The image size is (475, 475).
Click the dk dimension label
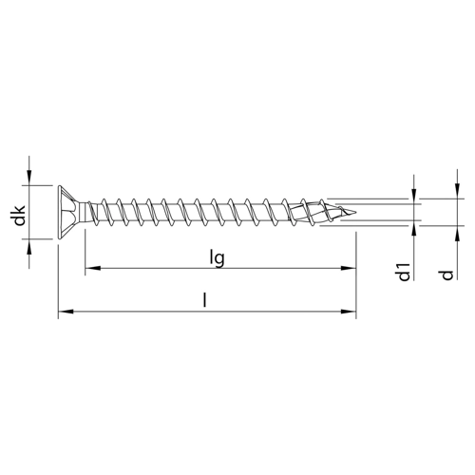click(x=20, y=216)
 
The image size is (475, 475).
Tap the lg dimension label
click(x=218, y=257)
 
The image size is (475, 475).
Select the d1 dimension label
click(x=404, y=272)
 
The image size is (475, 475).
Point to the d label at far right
click(x=447, y=275)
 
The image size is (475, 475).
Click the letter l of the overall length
click(x=205, y=300)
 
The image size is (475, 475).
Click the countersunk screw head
click(x=68, y=213)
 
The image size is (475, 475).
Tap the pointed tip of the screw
click(x=356, y=212)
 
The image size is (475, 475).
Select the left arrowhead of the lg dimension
click(x=92, y=268)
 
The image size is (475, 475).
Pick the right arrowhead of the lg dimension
click(x=349, y=268)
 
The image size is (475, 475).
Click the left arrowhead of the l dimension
click(x=66, y=312)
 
